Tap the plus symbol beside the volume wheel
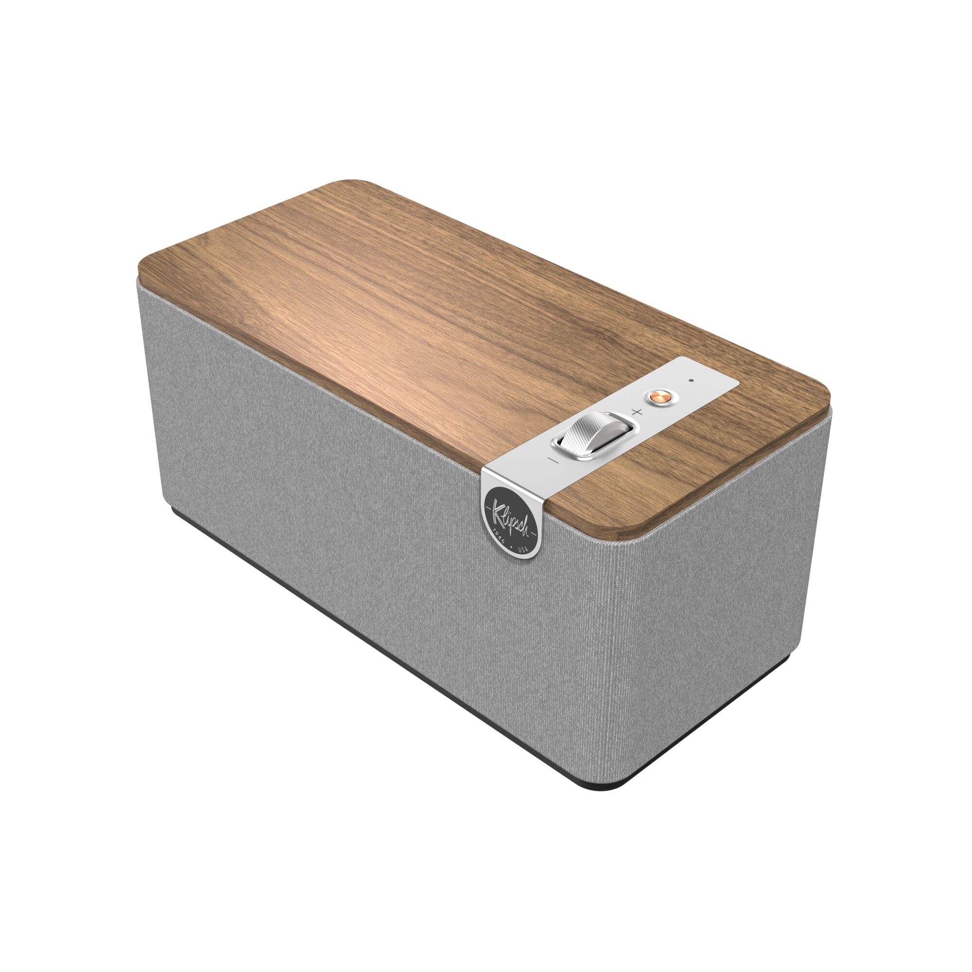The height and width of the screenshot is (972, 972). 638,412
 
